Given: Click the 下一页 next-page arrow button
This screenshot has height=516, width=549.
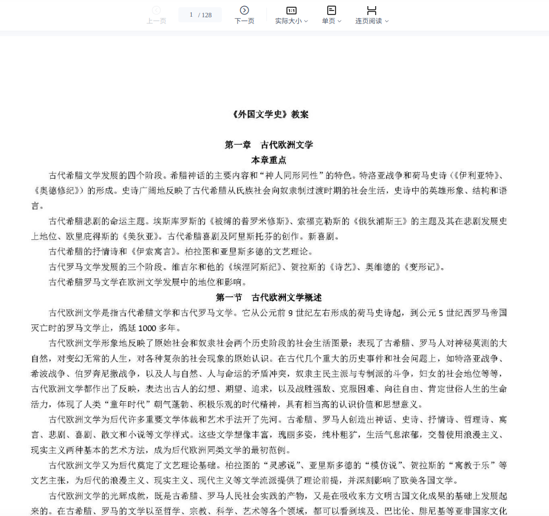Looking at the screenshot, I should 244,14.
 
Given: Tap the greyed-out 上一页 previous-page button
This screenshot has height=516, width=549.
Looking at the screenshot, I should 156,14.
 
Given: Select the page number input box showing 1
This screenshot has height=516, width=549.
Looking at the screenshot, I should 191,15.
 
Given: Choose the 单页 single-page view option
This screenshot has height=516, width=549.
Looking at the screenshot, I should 331,15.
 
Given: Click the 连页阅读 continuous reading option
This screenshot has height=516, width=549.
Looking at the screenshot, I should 372,15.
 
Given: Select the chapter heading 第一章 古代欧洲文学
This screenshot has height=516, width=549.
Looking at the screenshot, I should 269,145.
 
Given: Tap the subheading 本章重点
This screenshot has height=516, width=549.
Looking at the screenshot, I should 269,160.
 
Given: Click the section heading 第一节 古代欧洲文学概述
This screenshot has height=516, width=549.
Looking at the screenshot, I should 269,297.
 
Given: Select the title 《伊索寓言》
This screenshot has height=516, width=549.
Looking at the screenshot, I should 150,252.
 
